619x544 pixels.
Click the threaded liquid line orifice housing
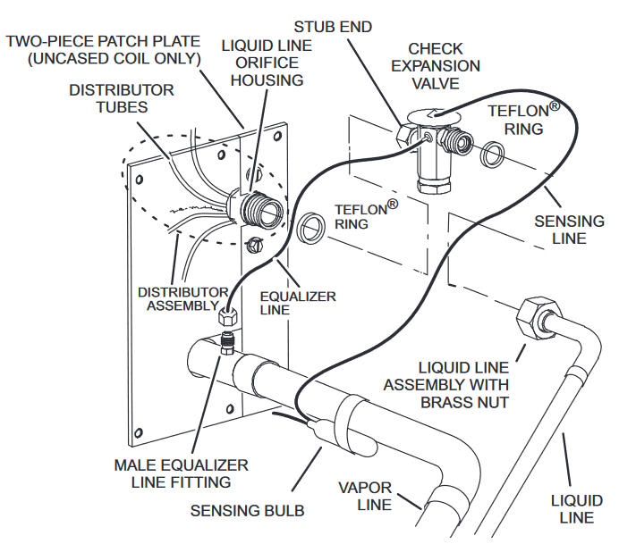pos(260,208)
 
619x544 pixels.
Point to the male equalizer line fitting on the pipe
pos(226,342)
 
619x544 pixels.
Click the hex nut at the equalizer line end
pos(228,315)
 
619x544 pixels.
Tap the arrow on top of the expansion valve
pos(434,114)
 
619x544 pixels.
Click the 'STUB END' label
pos(333,27)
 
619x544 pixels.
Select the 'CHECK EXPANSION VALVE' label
pos(436,66)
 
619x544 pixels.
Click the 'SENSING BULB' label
pos(248,511)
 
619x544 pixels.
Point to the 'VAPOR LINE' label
pos(365,496)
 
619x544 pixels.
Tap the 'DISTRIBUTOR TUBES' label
pos(122,98)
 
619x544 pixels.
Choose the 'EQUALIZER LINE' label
pos(298,303)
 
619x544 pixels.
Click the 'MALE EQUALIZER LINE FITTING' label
pos(182,473)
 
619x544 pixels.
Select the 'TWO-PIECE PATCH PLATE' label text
pos(103,41)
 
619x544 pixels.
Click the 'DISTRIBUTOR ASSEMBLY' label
pos(183,299)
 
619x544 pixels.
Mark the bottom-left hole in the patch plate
pos(138,433)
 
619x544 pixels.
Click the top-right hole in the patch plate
pos(277,137)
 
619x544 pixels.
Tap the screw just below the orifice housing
pos(254,245)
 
